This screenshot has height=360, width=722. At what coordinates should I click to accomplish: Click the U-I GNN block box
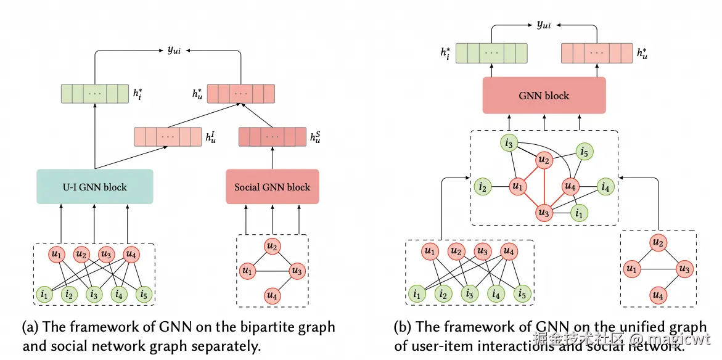[x=94, y=186]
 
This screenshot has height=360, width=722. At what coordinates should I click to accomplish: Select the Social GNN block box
[x=272, y=186]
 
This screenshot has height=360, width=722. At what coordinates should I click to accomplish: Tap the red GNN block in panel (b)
[x=544, y=96]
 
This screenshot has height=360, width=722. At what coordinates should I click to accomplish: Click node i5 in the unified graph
[x=585, y=150]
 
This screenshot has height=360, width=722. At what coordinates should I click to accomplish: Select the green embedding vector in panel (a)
[x=95, y=94]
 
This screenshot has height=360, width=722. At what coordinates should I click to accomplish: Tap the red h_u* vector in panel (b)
[x=596, y=53]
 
